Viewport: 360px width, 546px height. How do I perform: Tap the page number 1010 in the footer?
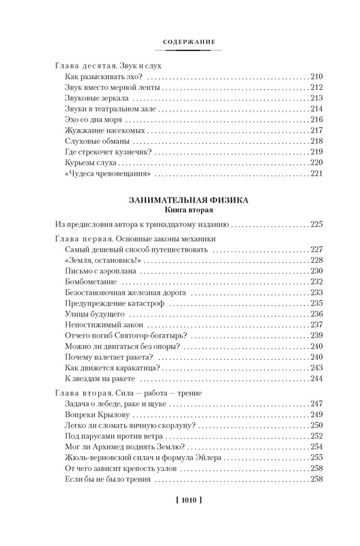[x=180, y=499]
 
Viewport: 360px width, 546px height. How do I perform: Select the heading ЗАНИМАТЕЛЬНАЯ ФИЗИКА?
[x=180, y=200]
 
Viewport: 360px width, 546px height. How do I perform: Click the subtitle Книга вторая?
[x=180, y=210]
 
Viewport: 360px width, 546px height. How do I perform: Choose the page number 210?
[x=317, y=76]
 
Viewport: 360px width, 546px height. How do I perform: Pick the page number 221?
[x=317, y=173]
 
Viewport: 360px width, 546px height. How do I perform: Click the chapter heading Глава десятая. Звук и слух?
[x=108, y=65]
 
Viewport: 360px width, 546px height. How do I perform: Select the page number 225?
[x=317, y=224]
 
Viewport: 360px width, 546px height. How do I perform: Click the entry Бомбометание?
[x=88, y=282]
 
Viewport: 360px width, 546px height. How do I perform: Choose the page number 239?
[x=317, y=335]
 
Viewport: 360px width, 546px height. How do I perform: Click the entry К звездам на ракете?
[x=100, y=379]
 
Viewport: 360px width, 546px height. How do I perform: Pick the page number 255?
[x=317, y=458]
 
